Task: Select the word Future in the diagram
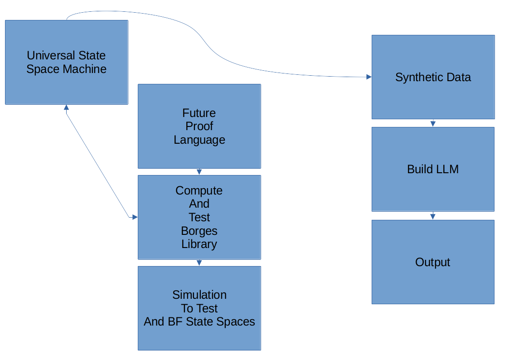[x=199, y=113]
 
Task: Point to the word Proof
[x=199, y=126]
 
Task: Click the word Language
[x=199, y=140]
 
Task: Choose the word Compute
[x=199, y=190]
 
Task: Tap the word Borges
[x=199, y=231]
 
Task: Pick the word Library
[x=199, y=244]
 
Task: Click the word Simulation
[x=199, y=295]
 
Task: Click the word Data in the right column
[x=460, y=78]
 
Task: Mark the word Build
[x=419, y=170]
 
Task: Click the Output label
[x=432, y=263]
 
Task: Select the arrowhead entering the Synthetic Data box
[x=368, y=77]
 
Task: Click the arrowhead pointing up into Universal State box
[x=66, y=107]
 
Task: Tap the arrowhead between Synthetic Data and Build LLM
[x=433, y=124]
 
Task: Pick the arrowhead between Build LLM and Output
[x=433, y=217]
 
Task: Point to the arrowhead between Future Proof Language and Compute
[x=199, y=172]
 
